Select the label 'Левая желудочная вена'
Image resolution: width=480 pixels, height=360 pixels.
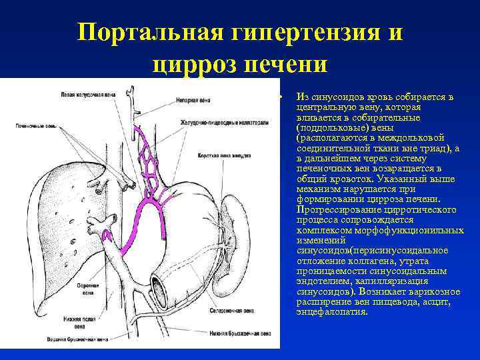(87, 95)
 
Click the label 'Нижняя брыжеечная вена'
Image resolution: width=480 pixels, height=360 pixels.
(239, 333)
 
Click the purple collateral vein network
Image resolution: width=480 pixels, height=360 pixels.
(150, 193)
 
